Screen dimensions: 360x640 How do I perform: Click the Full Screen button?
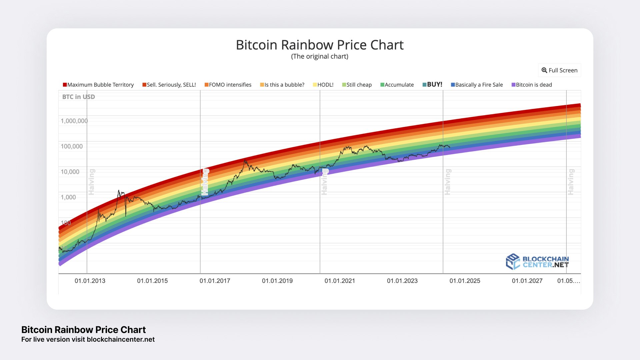tap(559, 70)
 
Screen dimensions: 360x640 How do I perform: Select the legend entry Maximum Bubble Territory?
tap(98, 85)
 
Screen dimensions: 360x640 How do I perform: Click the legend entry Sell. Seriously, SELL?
tap(169, 85)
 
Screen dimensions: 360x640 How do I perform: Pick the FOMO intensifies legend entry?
tap(228, 85)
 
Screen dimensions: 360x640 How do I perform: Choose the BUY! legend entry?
tap(432, 84)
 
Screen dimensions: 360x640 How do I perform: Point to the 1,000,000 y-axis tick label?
tap(74, 121)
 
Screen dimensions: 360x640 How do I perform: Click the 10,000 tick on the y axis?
tap(70, 172)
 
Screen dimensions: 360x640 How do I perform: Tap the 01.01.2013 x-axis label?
tap(90, 281)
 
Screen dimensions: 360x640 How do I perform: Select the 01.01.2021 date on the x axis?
tap(340, 281)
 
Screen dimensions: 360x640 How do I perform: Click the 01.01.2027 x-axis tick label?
tap(527, 281)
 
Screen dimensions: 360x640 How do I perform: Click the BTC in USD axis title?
tap(78, 97)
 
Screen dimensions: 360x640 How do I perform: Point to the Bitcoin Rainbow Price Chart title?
tap(320, 45)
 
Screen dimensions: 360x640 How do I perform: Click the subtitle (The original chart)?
tap(320, 56)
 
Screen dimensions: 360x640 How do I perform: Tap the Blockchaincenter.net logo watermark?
tap(537, 262)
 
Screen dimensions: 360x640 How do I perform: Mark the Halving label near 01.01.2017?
tap(205, 182)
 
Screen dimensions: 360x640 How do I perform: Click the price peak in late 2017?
tap(245, 160)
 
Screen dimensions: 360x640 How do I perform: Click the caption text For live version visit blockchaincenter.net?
tap(88, 339)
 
